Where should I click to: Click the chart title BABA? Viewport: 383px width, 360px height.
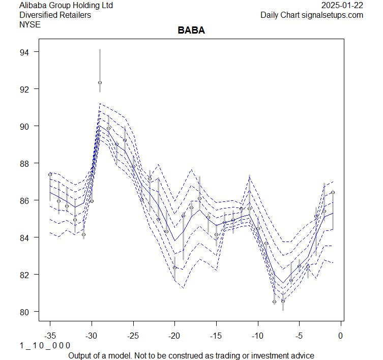[191, 31]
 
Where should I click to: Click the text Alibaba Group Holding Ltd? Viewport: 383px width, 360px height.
[66, 6]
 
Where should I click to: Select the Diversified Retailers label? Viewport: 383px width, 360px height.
[55, 15]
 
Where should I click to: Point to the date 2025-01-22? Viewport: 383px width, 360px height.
[342, 6]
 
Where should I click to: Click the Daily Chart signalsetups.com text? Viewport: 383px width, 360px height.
[312, 15]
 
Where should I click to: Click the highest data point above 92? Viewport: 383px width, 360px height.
[100, 82]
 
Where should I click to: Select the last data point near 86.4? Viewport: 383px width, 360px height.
[333, 192]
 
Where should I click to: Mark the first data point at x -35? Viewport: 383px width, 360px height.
[50, 174]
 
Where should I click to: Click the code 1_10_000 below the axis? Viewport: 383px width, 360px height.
[44, 346]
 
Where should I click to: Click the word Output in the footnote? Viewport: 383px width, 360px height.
[80, 355]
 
